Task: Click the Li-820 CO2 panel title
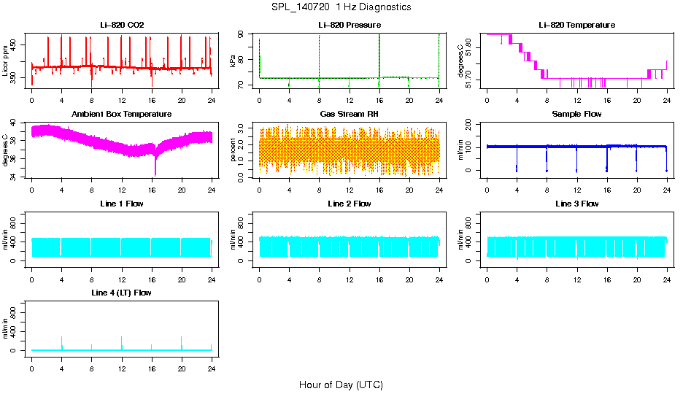click(122, 25)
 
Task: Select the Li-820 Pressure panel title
click(350, 25)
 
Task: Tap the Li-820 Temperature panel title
click(576, 25)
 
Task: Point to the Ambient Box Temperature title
click(122, 114)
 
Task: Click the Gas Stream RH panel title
click(350, 114)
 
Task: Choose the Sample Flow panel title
click(576, 114)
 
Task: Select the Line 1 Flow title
click(122, 204)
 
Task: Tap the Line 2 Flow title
click(350, 204)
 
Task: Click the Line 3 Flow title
click(576, 204)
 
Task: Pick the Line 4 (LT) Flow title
click(122, 293)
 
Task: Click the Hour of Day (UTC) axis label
click(341, 385)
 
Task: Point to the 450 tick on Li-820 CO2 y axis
click(16, 45)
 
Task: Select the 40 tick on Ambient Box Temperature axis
click(16, 123)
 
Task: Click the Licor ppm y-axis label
click(6, 61)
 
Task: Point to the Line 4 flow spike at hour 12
click(122, 340)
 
